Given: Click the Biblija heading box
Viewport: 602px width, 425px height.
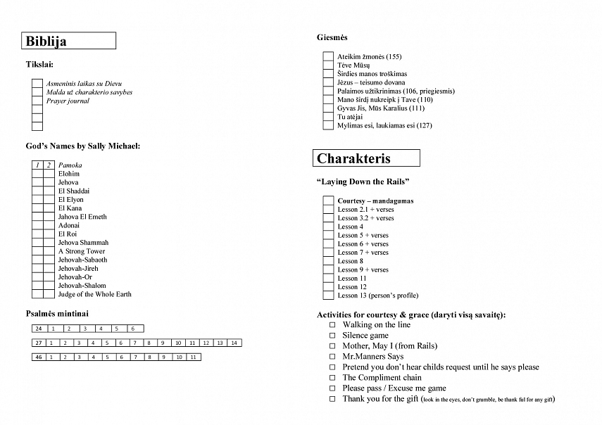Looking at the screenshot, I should (x=69, y=41).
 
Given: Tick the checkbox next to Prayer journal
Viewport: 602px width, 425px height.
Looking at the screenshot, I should (x=37, y=101).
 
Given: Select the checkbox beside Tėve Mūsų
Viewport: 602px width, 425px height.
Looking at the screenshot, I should (x=328, y=65).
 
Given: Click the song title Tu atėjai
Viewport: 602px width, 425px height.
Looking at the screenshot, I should (x=350, y=117).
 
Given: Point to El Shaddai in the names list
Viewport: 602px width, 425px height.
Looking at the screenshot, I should (x=73, y=191).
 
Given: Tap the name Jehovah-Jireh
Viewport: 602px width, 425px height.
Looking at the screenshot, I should (x=78, y=268).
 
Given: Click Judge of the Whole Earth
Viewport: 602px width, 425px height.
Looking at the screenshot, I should (x=94, y=294).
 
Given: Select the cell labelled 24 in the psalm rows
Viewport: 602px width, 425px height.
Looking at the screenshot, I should (x=39, y=329).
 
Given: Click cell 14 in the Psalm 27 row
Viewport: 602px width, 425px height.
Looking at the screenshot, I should (x=234, y=343).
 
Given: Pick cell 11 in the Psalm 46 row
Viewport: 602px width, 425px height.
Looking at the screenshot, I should (x=192, y=357).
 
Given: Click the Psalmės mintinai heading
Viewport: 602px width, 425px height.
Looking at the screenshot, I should (x=57, y=313).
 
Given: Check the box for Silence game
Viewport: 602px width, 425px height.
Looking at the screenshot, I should (x=332, y=336).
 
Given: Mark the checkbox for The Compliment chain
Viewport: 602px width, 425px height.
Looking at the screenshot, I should (x=332, y=378).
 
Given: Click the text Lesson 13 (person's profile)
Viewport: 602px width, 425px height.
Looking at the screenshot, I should (x=377, y=296).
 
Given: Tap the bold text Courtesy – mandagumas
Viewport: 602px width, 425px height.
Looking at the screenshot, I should (x=375, y=201).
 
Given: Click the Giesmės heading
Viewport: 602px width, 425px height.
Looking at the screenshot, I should (x=332, y=37).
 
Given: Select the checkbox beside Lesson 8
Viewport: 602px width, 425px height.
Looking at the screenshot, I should (x=328, y=261).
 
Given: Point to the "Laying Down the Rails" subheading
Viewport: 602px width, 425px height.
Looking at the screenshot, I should (x=363, y=182).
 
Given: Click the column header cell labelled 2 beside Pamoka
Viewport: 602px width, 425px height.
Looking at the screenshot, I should (x=49, y=165).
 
